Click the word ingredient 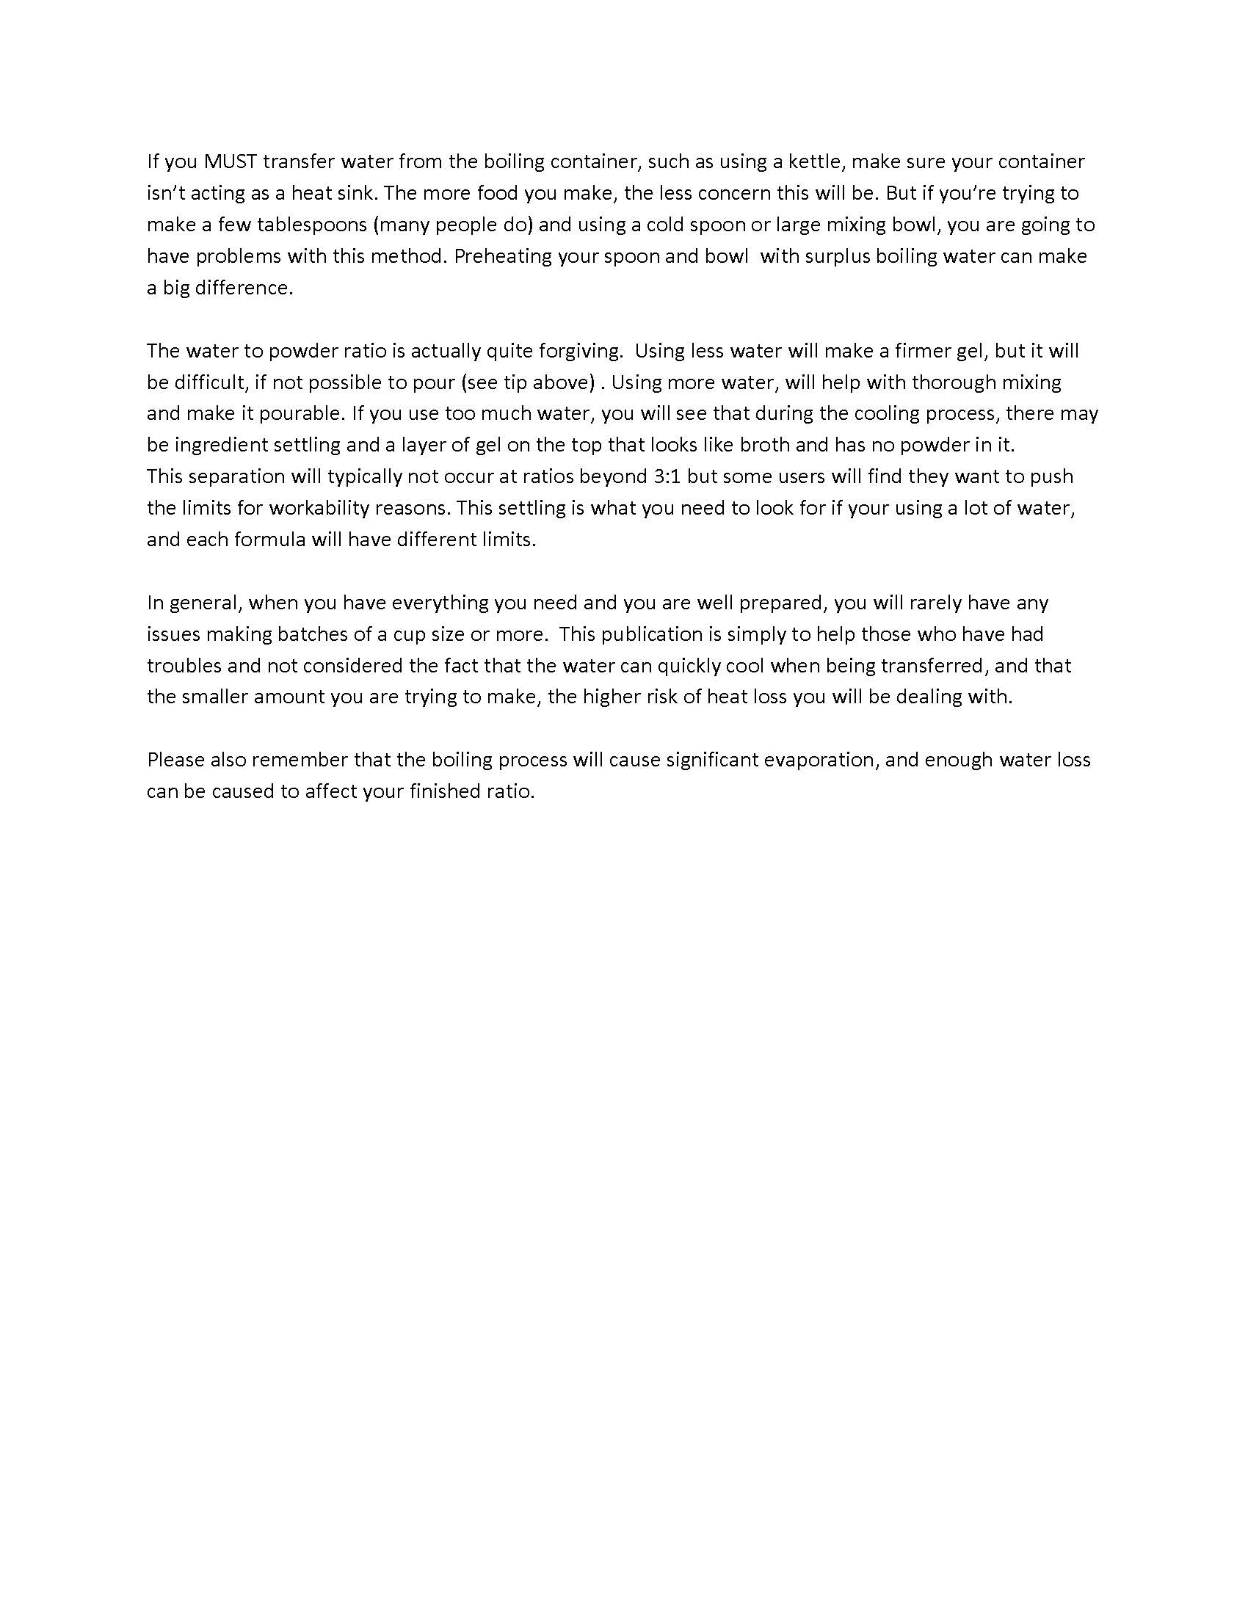(x=220, y=445)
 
